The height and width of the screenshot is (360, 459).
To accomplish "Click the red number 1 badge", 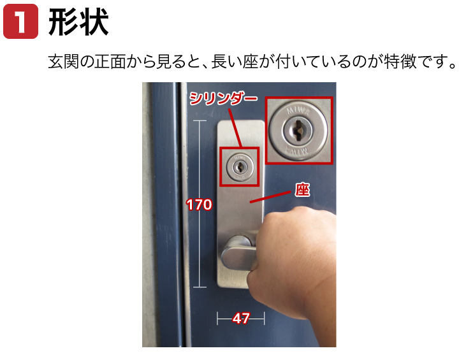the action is [x=20, y=21].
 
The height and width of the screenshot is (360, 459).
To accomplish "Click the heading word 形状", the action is [x=78, y=22].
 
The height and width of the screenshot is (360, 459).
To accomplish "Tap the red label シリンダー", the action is [x=223, y=98].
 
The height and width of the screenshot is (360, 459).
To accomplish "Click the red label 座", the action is [x=302, y=190].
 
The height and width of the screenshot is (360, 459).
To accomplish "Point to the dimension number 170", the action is [x=200, y=205].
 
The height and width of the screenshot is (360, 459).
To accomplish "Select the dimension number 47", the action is [x=241, y=318].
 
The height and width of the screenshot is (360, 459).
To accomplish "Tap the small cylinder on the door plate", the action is [x=240, y=167].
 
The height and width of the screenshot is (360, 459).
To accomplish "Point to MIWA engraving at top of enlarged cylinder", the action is [x=298, y=111].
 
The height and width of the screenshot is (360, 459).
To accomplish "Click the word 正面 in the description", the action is [x=110, y=61].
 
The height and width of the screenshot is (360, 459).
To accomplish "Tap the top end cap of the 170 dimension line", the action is [x=200, y=120].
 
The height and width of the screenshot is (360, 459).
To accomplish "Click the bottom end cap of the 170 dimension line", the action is [x=200, y=287].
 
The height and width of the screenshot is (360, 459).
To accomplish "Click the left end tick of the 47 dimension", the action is [x=217, y=319].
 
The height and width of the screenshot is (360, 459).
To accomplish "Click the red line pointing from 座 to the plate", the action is [x=270, y=197].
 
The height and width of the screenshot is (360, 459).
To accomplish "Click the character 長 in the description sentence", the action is [x=219, y=61].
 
